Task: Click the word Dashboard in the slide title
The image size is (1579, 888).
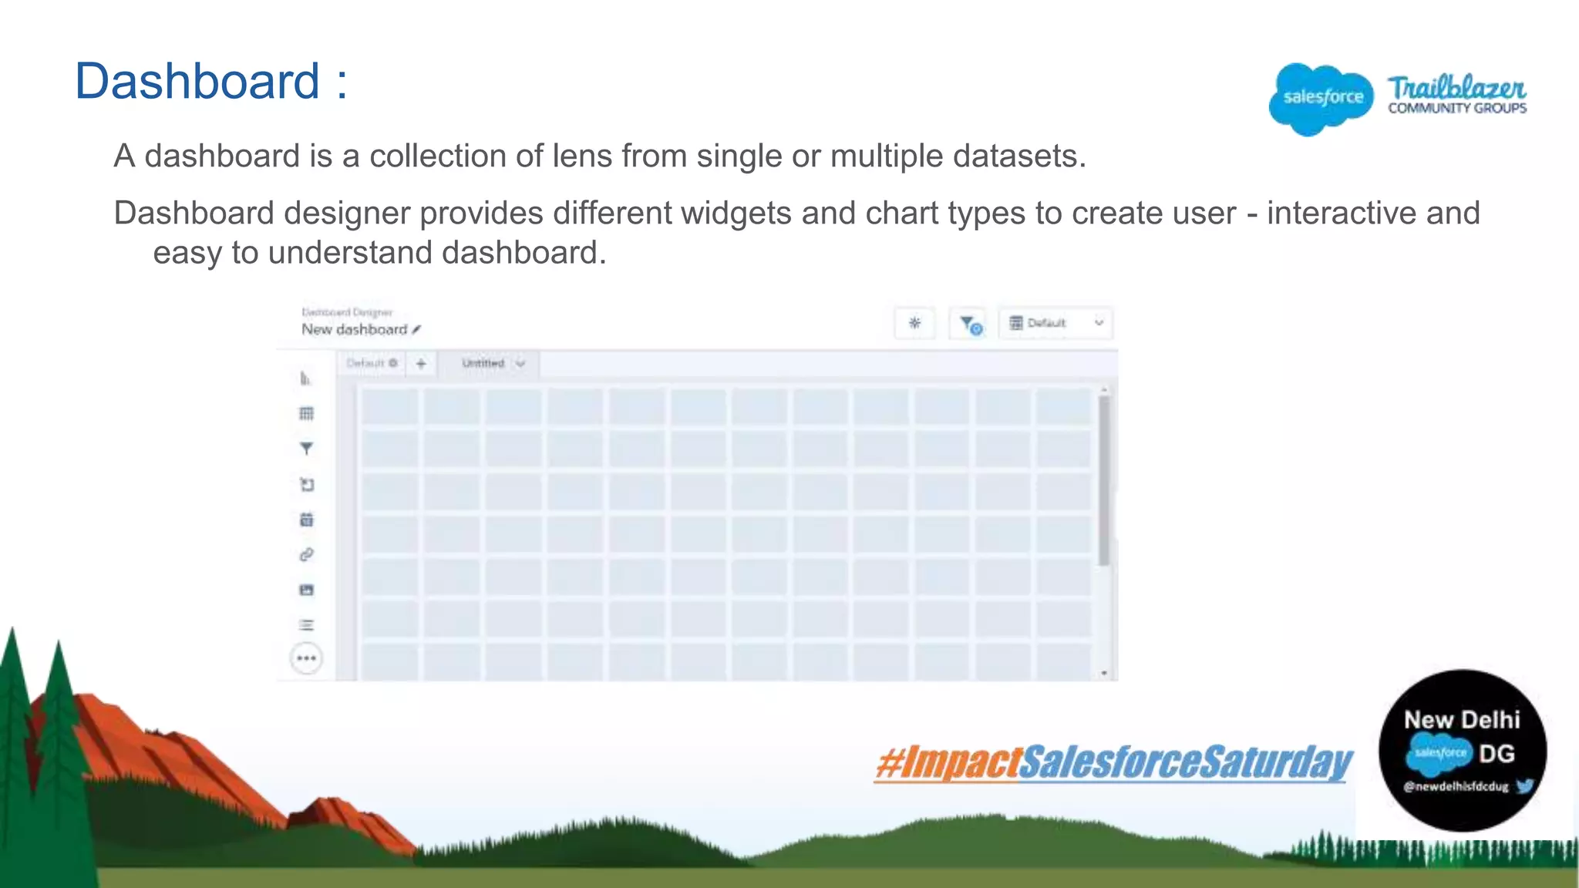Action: (x=197, y=81)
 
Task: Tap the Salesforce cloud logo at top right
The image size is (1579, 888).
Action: (x=1321, y=98)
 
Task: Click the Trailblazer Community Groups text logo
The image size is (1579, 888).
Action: (x=1456, y=95)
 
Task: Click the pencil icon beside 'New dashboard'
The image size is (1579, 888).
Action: (x=416, y=329)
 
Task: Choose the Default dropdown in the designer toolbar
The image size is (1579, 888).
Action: (x=1055, y=323)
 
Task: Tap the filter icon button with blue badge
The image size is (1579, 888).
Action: (x=970, y=325)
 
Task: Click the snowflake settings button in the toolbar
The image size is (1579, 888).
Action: (x=914, y=323)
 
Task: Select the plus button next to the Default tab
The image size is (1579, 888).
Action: (x=421, y=363)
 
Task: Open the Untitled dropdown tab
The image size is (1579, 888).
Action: (x=493, y=363)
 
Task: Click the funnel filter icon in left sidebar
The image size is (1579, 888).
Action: (x=306, y=449)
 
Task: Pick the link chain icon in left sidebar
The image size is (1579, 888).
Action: (x=306, y=555)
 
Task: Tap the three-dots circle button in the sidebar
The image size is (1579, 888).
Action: (x=306, y=658)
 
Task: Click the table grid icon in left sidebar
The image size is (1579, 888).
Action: (x=306, y=414)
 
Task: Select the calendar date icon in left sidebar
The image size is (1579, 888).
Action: (x=306, y=520)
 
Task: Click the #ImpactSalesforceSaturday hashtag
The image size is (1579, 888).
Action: (x=1113, y=762)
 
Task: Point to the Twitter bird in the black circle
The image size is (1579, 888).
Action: (x=1524, y=785)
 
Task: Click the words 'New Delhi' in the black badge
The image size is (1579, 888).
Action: (x=1461, y=719)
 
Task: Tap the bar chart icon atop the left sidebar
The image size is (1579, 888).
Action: (x=305, y=378)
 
